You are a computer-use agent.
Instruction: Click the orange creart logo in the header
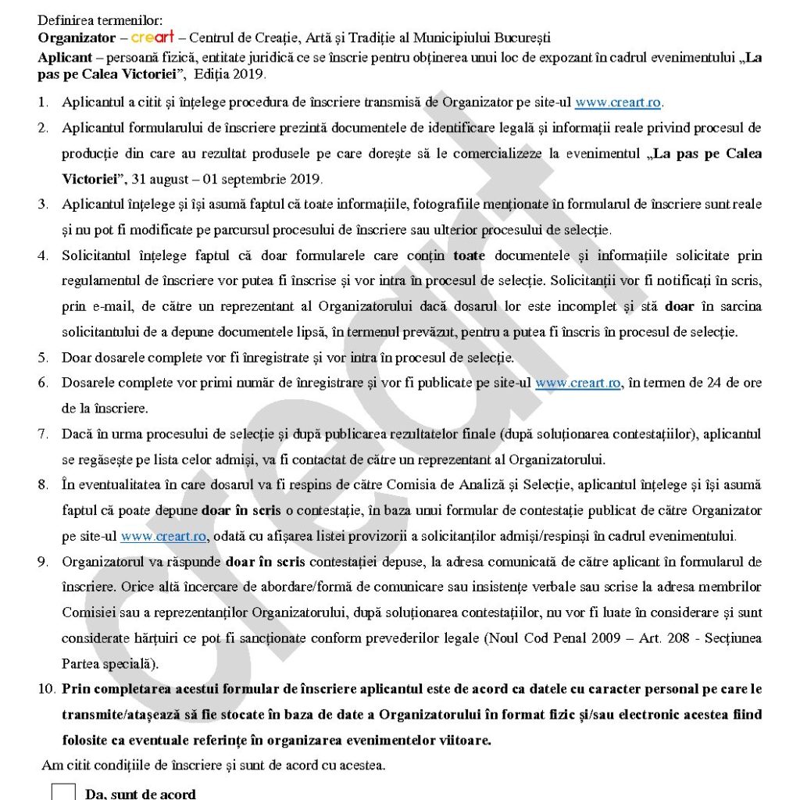152,37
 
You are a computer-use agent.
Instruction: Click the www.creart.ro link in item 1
619,102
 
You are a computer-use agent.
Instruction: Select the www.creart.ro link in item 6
578,383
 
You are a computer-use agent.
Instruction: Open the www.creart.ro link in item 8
162,536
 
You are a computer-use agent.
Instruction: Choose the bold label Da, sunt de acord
141,794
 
